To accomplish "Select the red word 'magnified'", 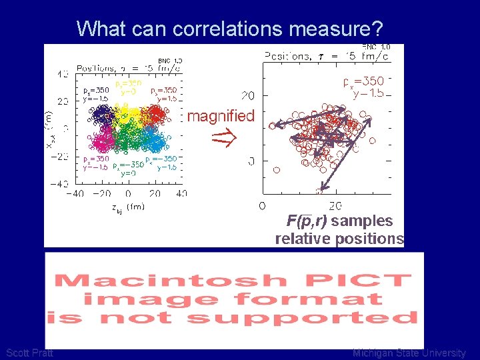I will [221, 116].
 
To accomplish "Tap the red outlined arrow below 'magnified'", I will [221, 139].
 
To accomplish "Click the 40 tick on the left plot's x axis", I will [181, 193].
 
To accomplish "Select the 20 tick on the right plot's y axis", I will [247, 96].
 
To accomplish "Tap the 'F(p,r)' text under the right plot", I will [307, 221].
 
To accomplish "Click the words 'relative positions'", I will [339, 239].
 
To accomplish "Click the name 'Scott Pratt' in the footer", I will [29, 353].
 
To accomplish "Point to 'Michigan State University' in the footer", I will [409, 353].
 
